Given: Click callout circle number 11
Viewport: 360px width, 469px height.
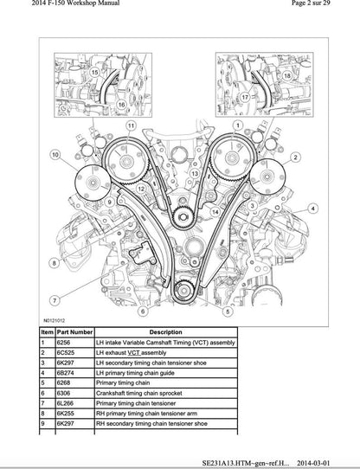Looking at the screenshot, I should [131, 126].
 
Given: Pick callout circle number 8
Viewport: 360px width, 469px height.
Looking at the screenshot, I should [54, 262].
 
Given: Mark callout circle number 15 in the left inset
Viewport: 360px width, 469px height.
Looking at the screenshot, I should [94, 73].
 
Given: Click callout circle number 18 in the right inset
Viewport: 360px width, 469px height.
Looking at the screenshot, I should [285, 76].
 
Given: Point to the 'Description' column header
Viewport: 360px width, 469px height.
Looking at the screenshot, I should [164, 331].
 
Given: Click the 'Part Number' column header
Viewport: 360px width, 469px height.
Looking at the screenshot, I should [74, 331].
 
